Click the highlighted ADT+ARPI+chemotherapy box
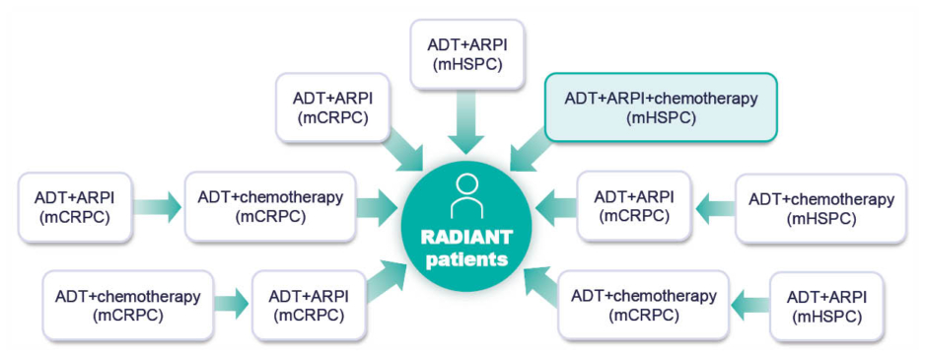pos(661,108)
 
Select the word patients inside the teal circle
pos(466,259)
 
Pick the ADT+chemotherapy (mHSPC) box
pos(821,209)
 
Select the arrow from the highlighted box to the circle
pos(528,150)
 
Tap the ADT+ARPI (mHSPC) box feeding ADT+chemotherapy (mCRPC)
pos(825,306)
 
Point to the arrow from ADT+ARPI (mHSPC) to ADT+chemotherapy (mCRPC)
pos(750,305)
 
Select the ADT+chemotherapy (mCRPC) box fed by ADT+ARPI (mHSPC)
pos(643,305)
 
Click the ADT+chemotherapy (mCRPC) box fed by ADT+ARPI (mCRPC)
pos(270,207)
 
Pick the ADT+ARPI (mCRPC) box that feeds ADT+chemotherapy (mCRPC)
pos(75,207)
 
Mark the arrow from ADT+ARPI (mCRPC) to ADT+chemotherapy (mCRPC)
pos(158,207)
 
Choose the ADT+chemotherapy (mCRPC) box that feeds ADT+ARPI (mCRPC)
pos(127,305)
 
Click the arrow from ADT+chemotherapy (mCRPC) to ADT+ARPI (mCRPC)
pos(231,305)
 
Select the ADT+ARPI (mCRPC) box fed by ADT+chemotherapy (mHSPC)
pos(633,206)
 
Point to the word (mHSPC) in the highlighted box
pos(661,118)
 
